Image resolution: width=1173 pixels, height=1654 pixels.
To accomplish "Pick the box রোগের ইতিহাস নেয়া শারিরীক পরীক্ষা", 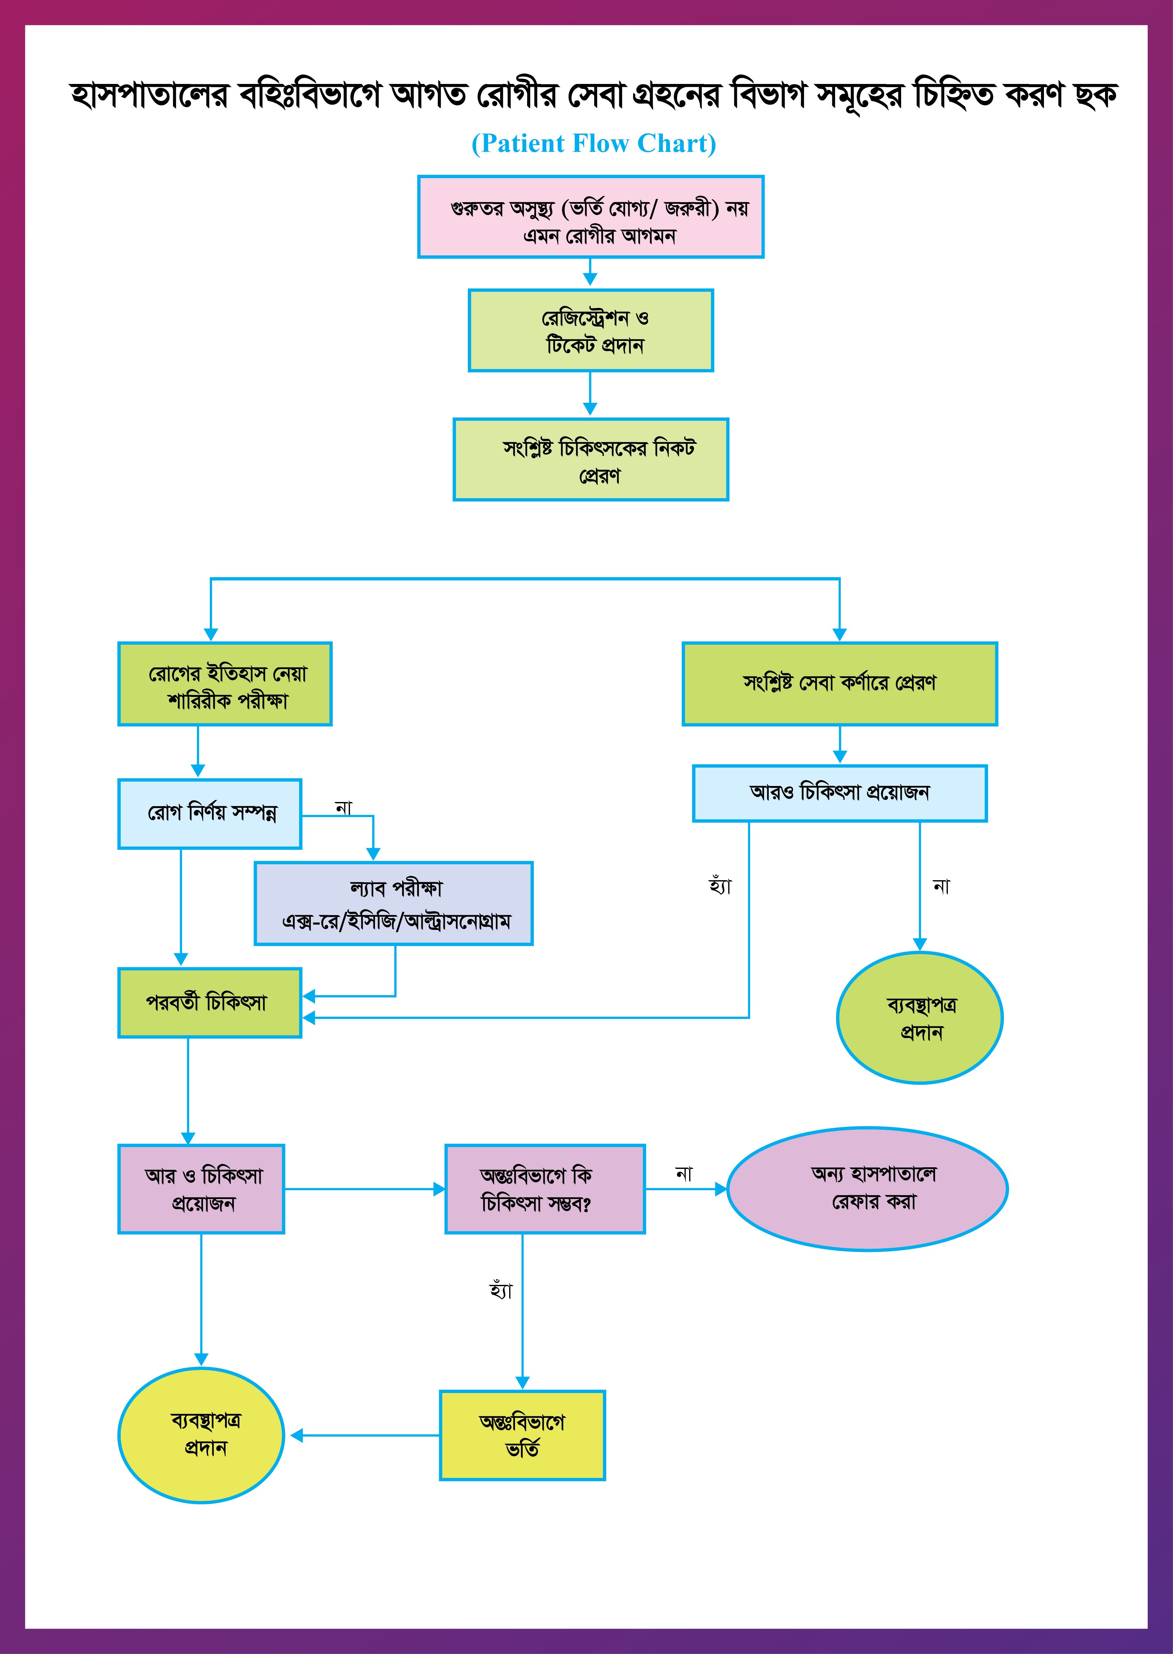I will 224,684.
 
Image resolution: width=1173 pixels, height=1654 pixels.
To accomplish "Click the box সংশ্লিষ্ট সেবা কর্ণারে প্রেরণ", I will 839,683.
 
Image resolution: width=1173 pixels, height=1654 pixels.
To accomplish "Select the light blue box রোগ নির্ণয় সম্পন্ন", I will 209,814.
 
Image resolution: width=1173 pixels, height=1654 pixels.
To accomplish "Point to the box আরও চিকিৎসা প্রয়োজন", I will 839,793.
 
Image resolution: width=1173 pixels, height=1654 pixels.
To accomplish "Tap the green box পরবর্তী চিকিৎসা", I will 209,1003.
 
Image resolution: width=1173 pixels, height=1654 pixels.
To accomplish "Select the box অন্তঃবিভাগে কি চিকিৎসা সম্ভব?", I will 545,1189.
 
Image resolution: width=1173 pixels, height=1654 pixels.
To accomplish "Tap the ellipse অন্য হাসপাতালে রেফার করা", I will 868,1189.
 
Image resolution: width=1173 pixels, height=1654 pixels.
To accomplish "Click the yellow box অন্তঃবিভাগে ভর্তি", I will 522,1435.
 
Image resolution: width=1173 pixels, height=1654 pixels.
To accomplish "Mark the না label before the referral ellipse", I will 683,1173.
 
